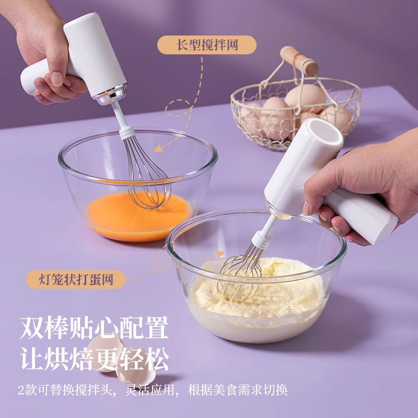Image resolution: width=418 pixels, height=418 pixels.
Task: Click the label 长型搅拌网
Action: point(207,45)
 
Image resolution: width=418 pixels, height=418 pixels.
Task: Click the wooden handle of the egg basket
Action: point(299,60)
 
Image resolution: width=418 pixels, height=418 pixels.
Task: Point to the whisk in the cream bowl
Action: point(241,274)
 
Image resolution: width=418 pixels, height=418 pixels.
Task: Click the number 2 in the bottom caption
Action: point(21,390)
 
